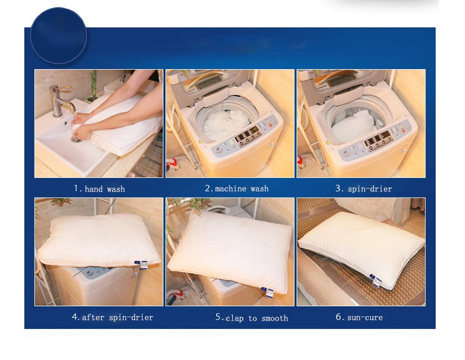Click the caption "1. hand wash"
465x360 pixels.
(99, 189)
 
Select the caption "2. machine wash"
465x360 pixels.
(236, 189)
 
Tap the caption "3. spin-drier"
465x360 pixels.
(363, 189)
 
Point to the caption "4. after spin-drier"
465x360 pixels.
(112, 317)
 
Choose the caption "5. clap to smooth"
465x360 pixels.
(251, 318)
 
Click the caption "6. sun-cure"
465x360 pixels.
(359, 317)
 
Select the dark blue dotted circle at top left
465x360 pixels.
(58, 36)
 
